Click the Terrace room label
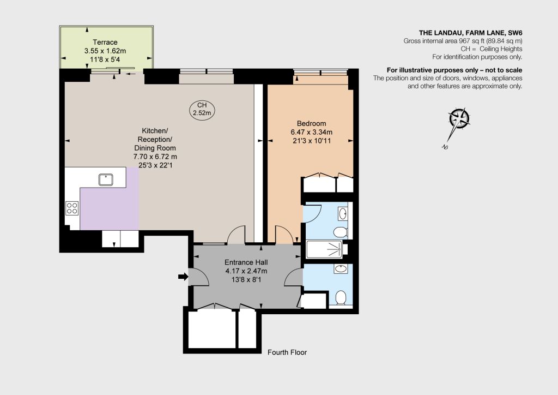coord(105,42)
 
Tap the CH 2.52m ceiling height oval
coord(202,109)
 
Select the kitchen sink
coord(106,179)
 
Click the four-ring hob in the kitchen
coord(72,208)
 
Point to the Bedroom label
coord(311,124)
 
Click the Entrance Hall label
coord(246,262)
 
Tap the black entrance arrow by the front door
coord(183,277)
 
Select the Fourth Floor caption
coord(287,352)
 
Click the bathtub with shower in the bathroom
coord(324,249)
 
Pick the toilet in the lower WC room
coord(341,298)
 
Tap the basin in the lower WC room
coord(341,268)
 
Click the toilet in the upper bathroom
coord(341,232)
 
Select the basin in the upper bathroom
coord(343,214)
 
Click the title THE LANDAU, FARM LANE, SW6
coord(470,32)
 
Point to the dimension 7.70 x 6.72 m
coord(155,157)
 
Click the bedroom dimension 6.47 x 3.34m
coord(311,132)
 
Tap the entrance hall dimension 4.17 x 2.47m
coord(246,271)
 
